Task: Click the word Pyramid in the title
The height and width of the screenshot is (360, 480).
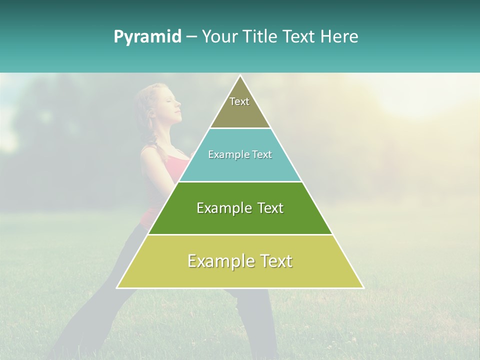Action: tap(147, 37)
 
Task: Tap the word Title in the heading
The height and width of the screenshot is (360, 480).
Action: tap(259, 36)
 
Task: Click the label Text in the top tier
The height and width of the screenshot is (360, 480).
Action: tap(239, 101)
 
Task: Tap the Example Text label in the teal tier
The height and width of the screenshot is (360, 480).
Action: tap(240, 154)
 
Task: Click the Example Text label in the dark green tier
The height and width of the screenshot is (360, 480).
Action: tap(240, 208)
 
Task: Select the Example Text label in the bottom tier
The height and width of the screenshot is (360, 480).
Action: tap(240, 261)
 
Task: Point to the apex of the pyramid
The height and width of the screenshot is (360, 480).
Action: tap(240, 76)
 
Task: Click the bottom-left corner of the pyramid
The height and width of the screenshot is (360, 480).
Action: tap(117, 287)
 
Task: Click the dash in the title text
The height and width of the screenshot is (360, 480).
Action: tap(191, 37)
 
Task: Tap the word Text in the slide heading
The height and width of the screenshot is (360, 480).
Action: tap(299, 36)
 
